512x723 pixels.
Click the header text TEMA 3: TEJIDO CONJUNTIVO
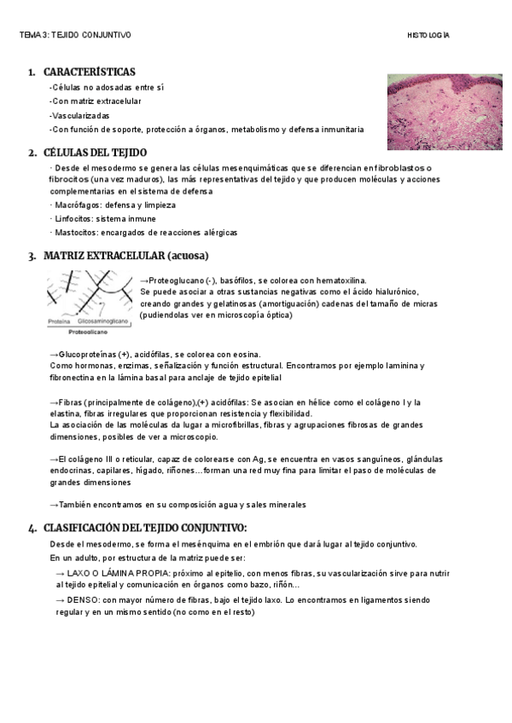[x=75, y=35]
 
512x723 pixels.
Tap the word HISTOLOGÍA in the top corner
[x=428, y=35]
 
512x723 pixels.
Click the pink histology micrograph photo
[x=430, y=111]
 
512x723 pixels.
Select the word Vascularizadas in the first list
[x=80, y=115]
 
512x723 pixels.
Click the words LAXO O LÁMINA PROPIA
[x=114, y=573]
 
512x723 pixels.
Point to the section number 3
[x=32, y=255]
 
